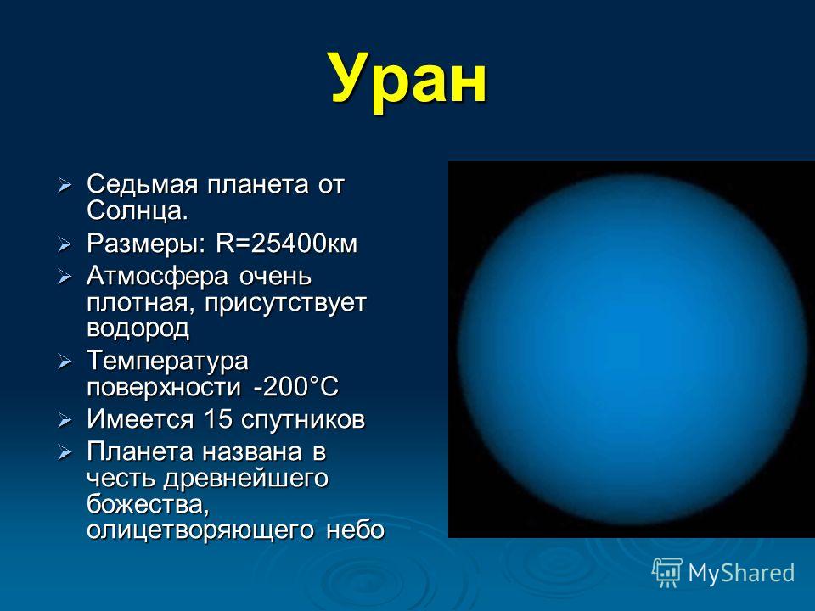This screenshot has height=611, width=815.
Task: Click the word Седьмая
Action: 142,184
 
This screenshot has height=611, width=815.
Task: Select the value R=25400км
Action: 287,244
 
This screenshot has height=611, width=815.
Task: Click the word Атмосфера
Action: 157,276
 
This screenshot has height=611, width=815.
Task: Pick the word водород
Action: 138,328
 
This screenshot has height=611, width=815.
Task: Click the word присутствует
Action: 285,303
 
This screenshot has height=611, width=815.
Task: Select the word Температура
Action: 167,361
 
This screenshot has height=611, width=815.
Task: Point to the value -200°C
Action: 296,387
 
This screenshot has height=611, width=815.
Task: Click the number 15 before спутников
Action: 218,418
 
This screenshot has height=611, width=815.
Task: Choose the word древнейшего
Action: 245,479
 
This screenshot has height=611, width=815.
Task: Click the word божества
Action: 148,504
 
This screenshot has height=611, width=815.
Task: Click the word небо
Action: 355,530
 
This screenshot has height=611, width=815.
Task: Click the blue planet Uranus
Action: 632,349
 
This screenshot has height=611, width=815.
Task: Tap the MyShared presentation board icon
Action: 667,573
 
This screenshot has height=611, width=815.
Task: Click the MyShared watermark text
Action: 741,573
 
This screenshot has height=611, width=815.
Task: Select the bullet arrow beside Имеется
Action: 65,420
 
